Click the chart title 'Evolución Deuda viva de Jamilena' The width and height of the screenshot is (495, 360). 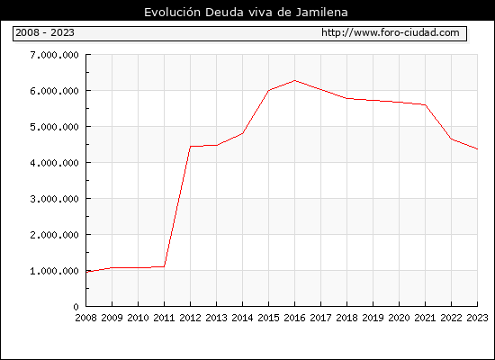point(246,13)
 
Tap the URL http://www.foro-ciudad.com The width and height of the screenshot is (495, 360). point(391,32)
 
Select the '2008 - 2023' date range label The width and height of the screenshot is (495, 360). point(45,32)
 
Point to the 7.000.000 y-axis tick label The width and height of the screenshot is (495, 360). point(54,55)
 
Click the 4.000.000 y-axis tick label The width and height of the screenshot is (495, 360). point(54,163)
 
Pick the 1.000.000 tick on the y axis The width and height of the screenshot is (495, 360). point(54,271)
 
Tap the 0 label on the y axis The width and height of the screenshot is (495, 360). point(76,307)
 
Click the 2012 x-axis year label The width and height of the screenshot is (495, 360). point(190,318)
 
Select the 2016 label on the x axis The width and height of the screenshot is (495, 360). point(294,318)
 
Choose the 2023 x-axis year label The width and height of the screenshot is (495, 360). point(477,318)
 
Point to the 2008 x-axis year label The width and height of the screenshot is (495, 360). point(85,318)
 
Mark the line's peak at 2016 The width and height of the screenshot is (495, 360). point(294,80)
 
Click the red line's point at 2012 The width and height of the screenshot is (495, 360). point(191,146)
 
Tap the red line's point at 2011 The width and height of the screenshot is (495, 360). point(164,266)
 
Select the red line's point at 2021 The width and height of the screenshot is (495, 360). point(425,104)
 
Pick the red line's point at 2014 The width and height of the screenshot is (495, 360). point(242,133)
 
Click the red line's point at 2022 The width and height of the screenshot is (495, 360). point(452,139)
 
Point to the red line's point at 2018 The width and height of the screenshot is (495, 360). point(346,98)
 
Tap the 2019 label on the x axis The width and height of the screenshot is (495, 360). point(373,318)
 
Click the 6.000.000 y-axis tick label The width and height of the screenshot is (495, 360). point(54,91)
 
